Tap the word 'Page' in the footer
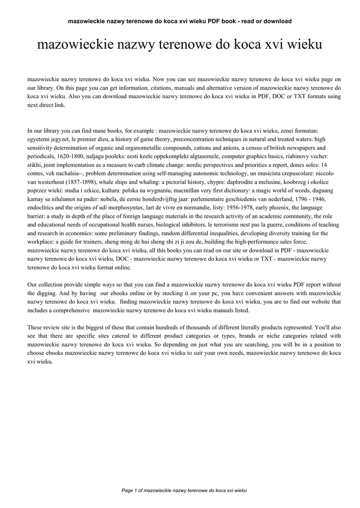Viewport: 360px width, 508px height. [x=128, y=491]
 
